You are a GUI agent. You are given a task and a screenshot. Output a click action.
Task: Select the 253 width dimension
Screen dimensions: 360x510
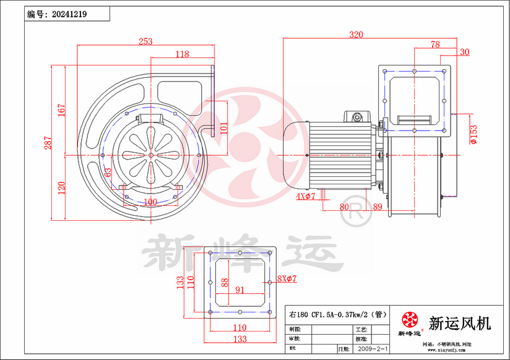point(145,41)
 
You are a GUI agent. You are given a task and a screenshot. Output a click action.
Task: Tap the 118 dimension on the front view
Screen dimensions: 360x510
point(182,54)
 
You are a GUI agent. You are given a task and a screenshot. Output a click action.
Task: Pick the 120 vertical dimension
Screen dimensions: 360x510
point(61,187)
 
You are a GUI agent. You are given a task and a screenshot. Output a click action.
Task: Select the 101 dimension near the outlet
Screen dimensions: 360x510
point(225,128)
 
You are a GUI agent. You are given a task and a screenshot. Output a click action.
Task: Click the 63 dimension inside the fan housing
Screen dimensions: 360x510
point(107,173)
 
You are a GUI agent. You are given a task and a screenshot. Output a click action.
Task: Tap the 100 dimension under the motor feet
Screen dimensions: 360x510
point(150,202)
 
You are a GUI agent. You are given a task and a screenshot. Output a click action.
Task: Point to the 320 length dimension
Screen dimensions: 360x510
point(356,35)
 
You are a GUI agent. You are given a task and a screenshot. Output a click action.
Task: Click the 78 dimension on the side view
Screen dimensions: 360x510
point(434,45)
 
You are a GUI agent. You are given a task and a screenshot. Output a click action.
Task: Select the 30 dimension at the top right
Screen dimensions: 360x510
point(465,52)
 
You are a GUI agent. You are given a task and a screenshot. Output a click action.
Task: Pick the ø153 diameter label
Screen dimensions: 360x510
point(473,134)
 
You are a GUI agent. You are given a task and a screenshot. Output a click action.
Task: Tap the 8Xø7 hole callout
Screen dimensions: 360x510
point(287,279)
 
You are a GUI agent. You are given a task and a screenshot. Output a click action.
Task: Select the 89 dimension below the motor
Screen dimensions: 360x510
point(377,207)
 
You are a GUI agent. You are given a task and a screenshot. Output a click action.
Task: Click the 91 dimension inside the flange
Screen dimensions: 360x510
point(240,289)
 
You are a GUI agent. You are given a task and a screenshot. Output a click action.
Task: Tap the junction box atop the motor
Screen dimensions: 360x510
point(356,116)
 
